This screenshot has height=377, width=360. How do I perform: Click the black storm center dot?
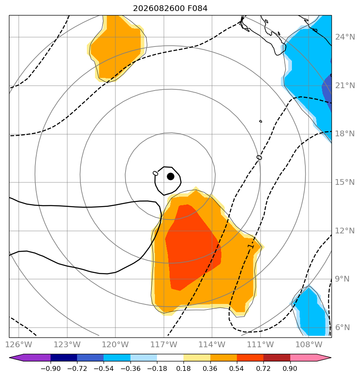[171, 177]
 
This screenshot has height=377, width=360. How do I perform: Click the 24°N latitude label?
[345, 37]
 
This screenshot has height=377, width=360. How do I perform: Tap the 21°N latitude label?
[345, 86]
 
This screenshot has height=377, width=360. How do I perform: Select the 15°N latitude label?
[345, 182]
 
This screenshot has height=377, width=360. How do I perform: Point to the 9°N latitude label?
[342, 279]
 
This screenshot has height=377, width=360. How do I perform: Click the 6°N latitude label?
[342, 328]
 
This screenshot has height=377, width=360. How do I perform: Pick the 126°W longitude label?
[19, 344]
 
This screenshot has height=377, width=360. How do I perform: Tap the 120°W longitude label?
[115, 344]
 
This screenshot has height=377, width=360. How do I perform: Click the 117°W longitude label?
[164, 344]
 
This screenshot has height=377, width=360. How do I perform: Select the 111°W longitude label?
[261, 344]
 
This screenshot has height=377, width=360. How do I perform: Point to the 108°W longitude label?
[309, 344]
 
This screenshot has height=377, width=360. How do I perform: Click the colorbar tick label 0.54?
[237, 369]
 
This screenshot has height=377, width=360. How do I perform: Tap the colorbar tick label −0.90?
[51, 369]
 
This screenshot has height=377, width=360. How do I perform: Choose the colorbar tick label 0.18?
[183, 369]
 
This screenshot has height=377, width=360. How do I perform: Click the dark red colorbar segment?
[277, 357]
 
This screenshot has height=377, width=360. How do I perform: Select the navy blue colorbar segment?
[64, 357]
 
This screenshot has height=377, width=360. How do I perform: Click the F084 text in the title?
[197, 9]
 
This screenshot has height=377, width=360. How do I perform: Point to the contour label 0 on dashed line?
[259, 157]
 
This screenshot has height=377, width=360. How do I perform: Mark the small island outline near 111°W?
[261, 122]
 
